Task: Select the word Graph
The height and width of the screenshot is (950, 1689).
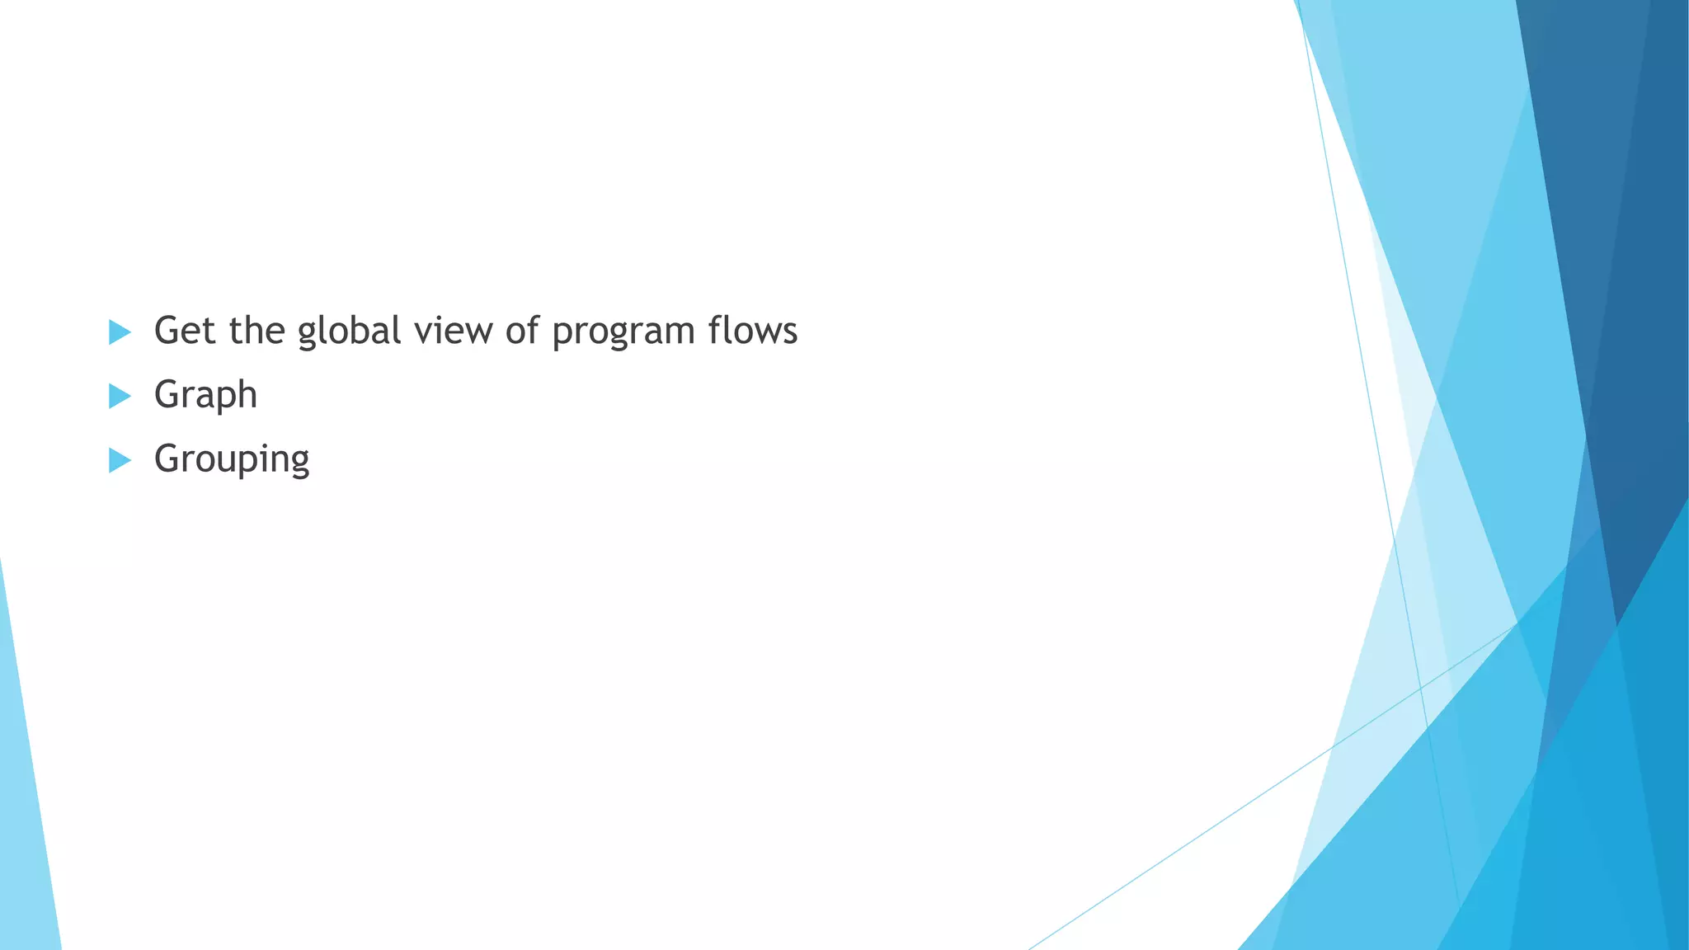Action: (x=205, y=395)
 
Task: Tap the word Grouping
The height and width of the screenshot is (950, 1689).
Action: (x=232, y=459)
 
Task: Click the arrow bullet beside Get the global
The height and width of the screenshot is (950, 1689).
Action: (x=120, y=332)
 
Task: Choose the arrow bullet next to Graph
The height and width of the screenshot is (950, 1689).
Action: (x=120, y=397)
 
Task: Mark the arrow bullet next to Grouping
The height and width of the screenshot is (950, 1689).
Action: (x=120, y=461)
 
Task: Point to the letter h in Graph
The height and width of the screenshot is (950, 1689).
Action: (x=247, y=394)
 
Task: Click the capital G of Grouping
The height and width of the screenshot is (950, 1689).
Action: (x=167, y=459)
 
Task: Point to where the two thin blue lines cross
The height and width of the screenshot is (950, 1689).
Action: (x=1420, y=687)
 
